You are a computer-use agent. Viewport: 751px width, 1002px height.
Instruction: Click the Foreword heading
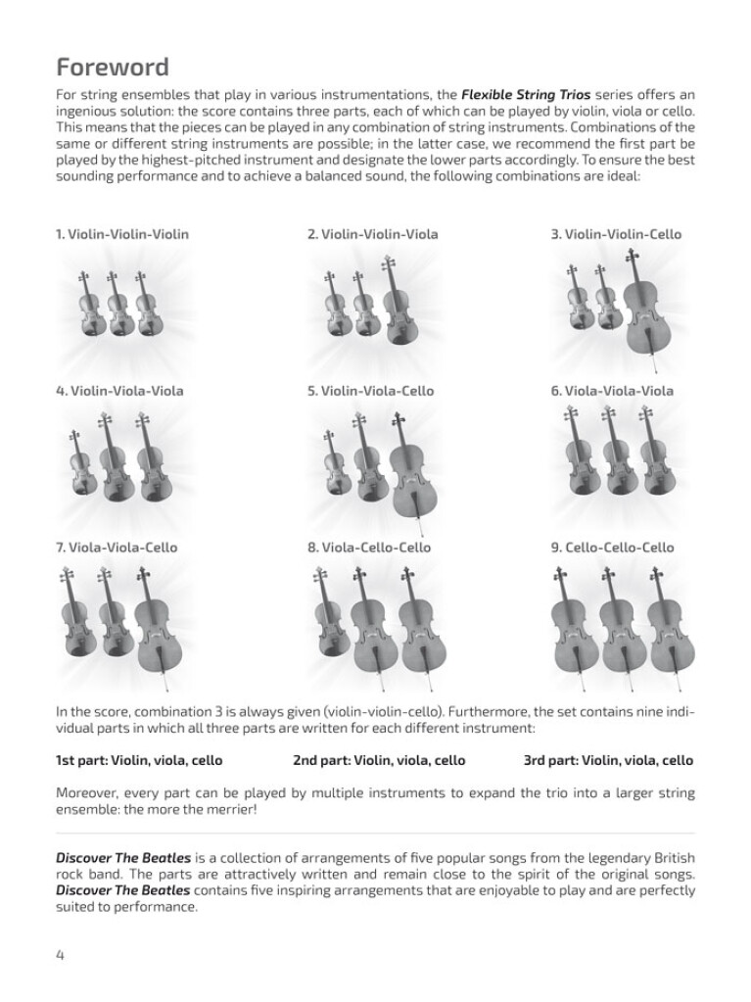point(113,68)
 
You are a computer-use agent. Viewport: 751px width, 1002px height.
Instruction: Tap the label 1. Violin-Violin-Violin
point(122,234)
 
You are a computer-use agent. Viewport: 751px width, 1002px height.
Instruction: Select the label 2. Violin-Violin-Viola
point(373,234)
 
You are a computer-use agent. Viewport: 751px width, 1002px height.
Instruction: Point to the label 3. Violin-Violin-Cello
point(616,234)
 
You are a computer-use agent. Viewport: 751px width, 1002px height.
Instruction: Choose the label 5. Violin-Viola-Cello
point(370,391)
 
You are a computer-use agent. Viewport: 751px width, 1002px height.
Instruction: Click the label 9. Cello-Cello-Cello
point(613,548)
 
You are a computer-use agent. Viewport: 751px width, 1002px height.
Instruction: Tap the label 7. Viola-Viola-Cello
point(117,548)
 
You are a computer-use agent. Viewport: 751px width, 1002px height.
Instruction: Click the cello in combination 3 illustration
point(641,304)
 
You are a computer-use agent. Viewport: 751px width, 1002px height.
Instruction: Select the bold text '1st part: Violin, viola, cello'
point(139,760)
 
